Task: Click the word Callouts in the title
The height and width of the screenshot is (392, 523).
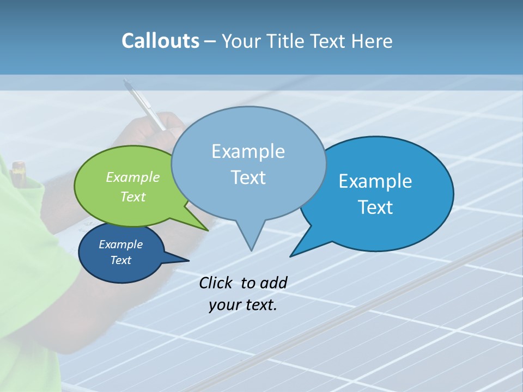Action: [x=160, y=41]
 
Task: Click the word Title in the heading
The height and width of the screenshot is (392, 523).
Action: [x=287, y=41]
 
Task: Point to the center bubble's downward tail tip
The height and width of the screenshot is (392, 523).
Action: [x=251, y=250]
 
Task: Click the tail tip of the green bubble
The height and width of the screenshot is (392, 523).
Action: [x=208, y=230]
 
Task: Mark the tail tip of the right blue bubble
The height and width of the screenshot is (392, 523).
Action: [x=291, y=256]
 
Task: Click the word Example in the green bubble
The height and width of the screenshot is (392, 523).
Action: [x=132, y=177]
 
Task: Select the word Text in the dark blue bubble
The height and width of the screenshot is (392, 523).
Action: [x=120, y=260]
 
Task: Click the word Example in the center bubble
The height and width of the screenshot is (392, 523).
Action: [x=248, y=151]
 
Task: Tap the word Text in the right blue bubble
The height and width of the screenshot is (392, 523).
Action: [x=376, y=207]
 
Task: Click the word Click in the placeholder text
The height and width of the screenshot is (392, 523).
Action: [x=216, y=283]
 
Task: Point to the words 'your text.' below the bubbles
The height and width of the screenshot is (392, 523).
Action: [x=243, y=305]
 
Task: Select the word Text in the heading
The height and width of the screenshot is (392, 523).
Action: [x=329, y=41]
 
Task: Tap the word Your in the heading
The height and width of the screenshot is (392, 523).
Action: [x=242, y=41]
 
